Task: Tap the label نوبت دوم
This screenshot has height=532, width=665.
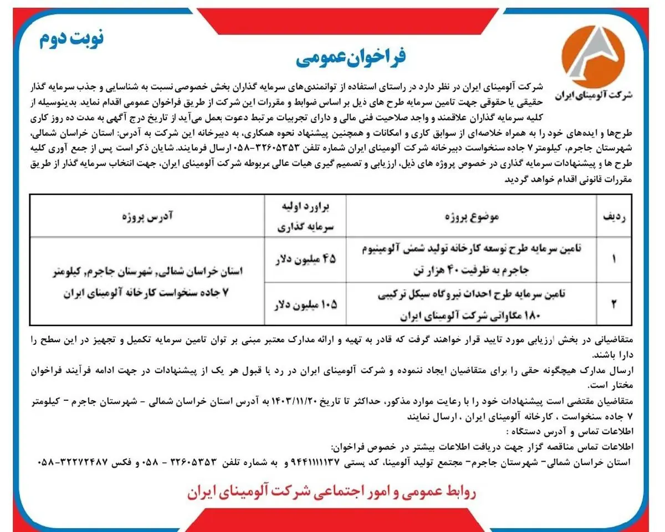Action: click(x=71, y=38)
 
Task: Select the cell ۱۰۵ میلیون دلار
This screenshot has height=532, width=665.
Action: click(x=306, y=304)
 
